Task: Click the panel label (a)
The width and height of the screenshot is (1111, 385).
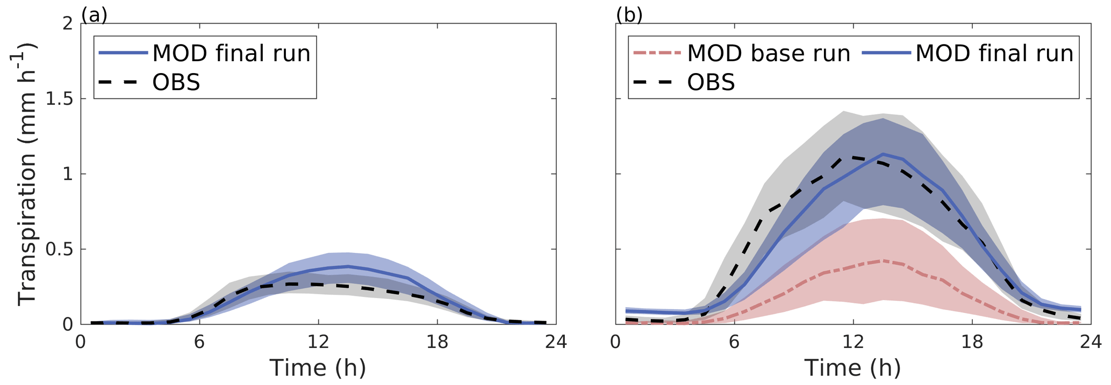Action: pos(94,15)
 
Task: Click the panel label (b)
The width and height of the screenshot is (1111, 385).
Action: pos(629,15)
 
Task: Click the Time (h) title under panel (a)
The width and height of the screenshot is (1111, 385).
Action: pos(318,368)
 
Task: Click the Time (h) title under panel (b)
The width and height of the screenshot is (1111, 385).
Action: pos(852,368)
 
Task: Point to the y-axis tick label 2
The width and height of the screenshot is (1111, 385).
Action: pos(68,24)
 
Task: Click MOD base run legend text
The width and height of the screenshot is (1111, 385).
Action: pos(769,53)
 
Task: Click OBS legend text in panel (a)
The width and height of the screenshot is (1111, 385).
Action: pos(176,83)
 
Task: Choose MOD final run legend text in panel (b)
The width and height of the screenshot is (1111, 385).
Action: pos(994,53)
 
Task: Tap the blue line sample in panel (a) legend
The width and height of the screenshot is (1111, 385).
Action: pos(123,53)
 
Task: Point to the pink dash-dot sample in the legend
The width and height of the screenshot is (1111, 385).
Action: pos(657,53)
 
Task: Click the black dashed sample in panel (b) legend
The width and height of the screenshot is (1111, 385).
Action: pos(657,82)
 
